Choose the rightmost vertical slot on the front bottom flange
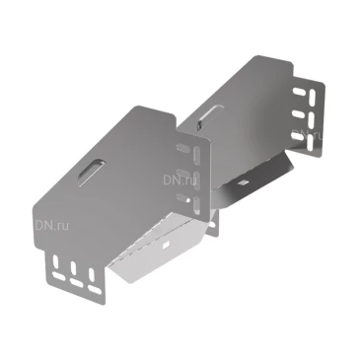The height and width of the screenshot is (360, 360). pyautogui.click(x=91, y=272)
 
